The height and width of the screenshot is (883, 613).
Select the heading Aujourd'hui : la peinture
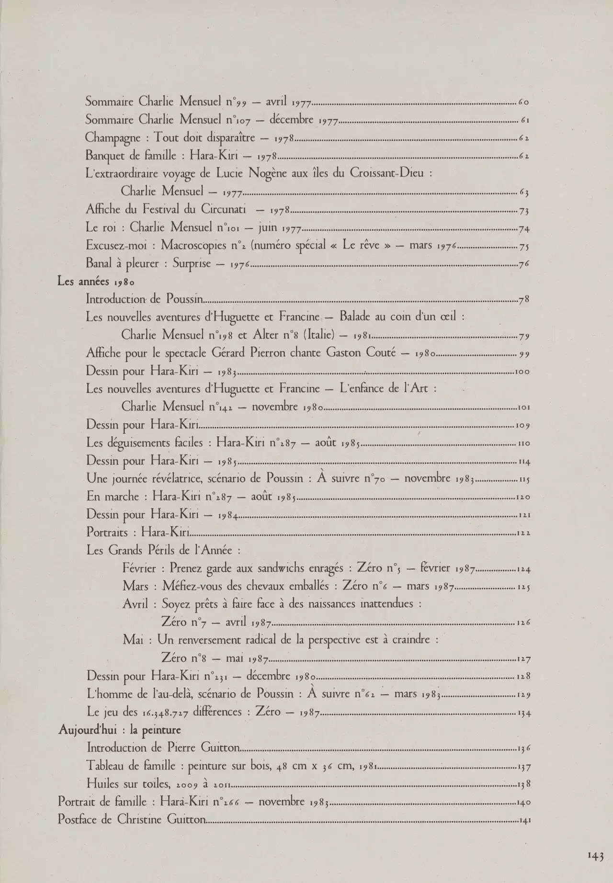click(119, 730)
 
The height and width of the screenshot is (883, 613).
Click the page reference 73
click(523, 211)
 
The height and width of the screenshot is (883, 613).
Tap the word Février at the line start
click(139, 568)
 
